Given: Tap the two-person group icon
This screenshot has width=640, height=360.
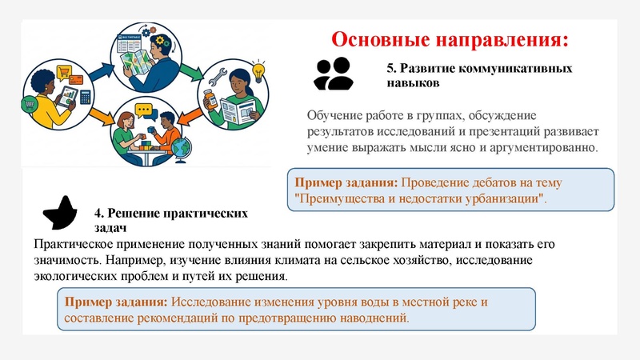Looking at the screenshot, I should click(333, 74).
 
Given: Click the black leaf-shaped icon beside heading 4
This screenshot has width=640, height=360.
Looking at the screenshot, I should click(61, 211).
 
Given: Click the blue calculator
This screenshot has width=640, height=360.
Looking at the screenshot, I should click(85, 98).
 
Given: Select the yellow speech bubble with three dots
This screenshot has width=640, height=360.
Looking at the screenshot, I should click(143, 110).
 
